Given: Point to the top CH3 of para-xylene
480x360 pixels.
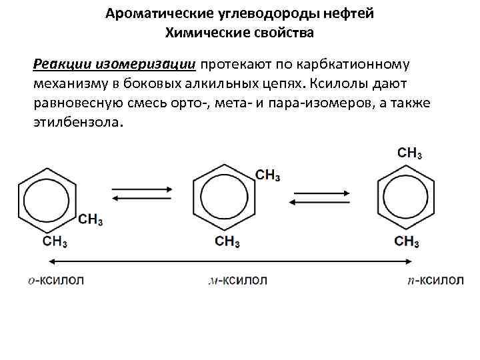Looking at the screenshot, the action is point(410,153).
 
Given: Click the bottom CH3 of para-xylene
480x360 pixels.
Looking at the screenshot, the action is point(407,241).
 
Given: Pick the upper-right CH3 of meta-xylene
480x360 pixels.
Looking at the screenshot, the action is point(268,175).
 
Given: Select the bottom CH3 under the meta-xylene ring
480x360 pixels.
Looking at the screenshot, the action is point(227,241).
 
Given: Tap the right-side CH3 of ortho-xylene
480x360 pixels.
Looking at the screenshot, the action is point(91,219).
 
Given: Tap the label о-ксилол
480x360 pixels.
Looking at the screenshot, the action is point(56,281).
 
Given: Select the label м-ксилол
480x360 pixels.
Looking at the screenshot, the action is point(238,281).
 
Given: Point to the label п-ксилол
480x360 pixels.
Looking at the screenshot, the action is point(435,281).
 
